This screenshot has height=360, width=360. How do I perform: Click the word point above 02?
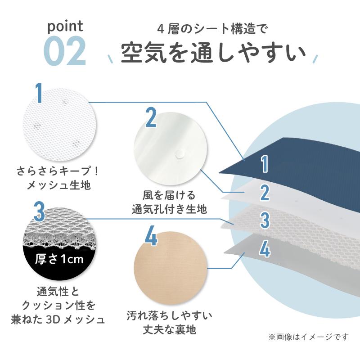[65, 27]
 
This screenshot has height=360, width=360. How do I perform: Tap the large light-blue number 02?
[65, 51]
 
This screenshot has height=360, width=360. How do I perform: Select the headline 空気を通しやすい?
[213, 53]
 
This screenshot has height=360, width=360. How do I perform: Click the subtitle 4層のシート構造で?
[212, 29]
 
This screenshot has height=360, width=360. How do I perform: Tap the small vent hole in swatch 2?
[180, 154]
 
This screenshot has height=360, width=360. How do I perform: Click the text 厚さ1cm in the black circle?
[59, 259]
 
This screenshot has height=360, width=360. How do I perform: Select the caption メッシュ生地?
[59, 185]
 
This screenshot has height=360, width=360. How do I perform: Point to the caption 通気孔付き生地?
[170, 209]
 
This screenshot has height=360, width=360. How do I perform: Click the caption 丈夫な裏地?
[170, 330]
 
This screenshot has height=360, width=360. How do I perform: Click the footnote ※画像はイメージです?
[308, 337]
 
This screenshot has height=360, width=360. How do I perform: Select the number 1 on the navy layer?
[265, 164]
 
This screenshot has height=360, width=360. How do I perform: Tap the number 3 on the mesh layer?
[265, 220]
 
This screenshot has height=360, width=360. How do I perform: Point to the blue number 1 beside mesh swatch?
[39, 93]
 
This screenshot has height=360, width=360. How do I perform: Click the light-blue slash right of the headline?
[316, 58]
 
